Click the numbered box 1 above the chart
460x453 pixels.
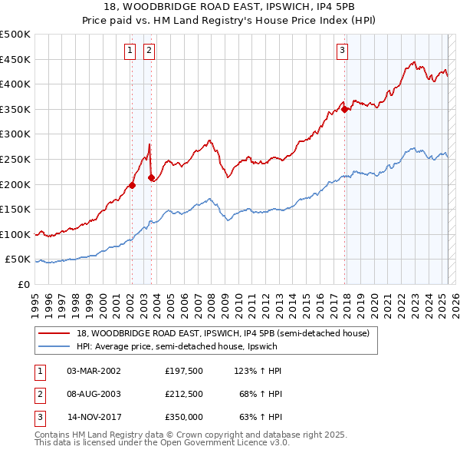click(130, 51)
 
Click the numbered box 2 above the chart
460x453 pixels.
click(149, 51)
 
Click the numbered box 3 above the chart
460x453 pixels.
click(342, 51)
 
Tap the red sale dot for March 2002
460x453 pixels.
click(132, 184)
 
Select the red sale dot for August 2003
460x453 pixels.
click(151, 177)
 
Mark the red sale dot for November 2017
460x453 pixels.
click(345, 109)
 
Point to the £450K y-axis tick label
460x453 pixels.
click(15, 59)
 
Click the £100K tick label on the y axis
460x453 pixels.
click(15, 234)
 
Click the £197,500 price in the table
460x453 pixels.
click(183, 370)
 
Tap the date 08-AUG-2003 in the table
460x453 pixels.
click(94, 394)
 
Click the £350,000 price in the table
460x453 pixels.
click(183, 418)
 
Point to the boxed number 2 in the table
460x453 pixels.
click(39, 394)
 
